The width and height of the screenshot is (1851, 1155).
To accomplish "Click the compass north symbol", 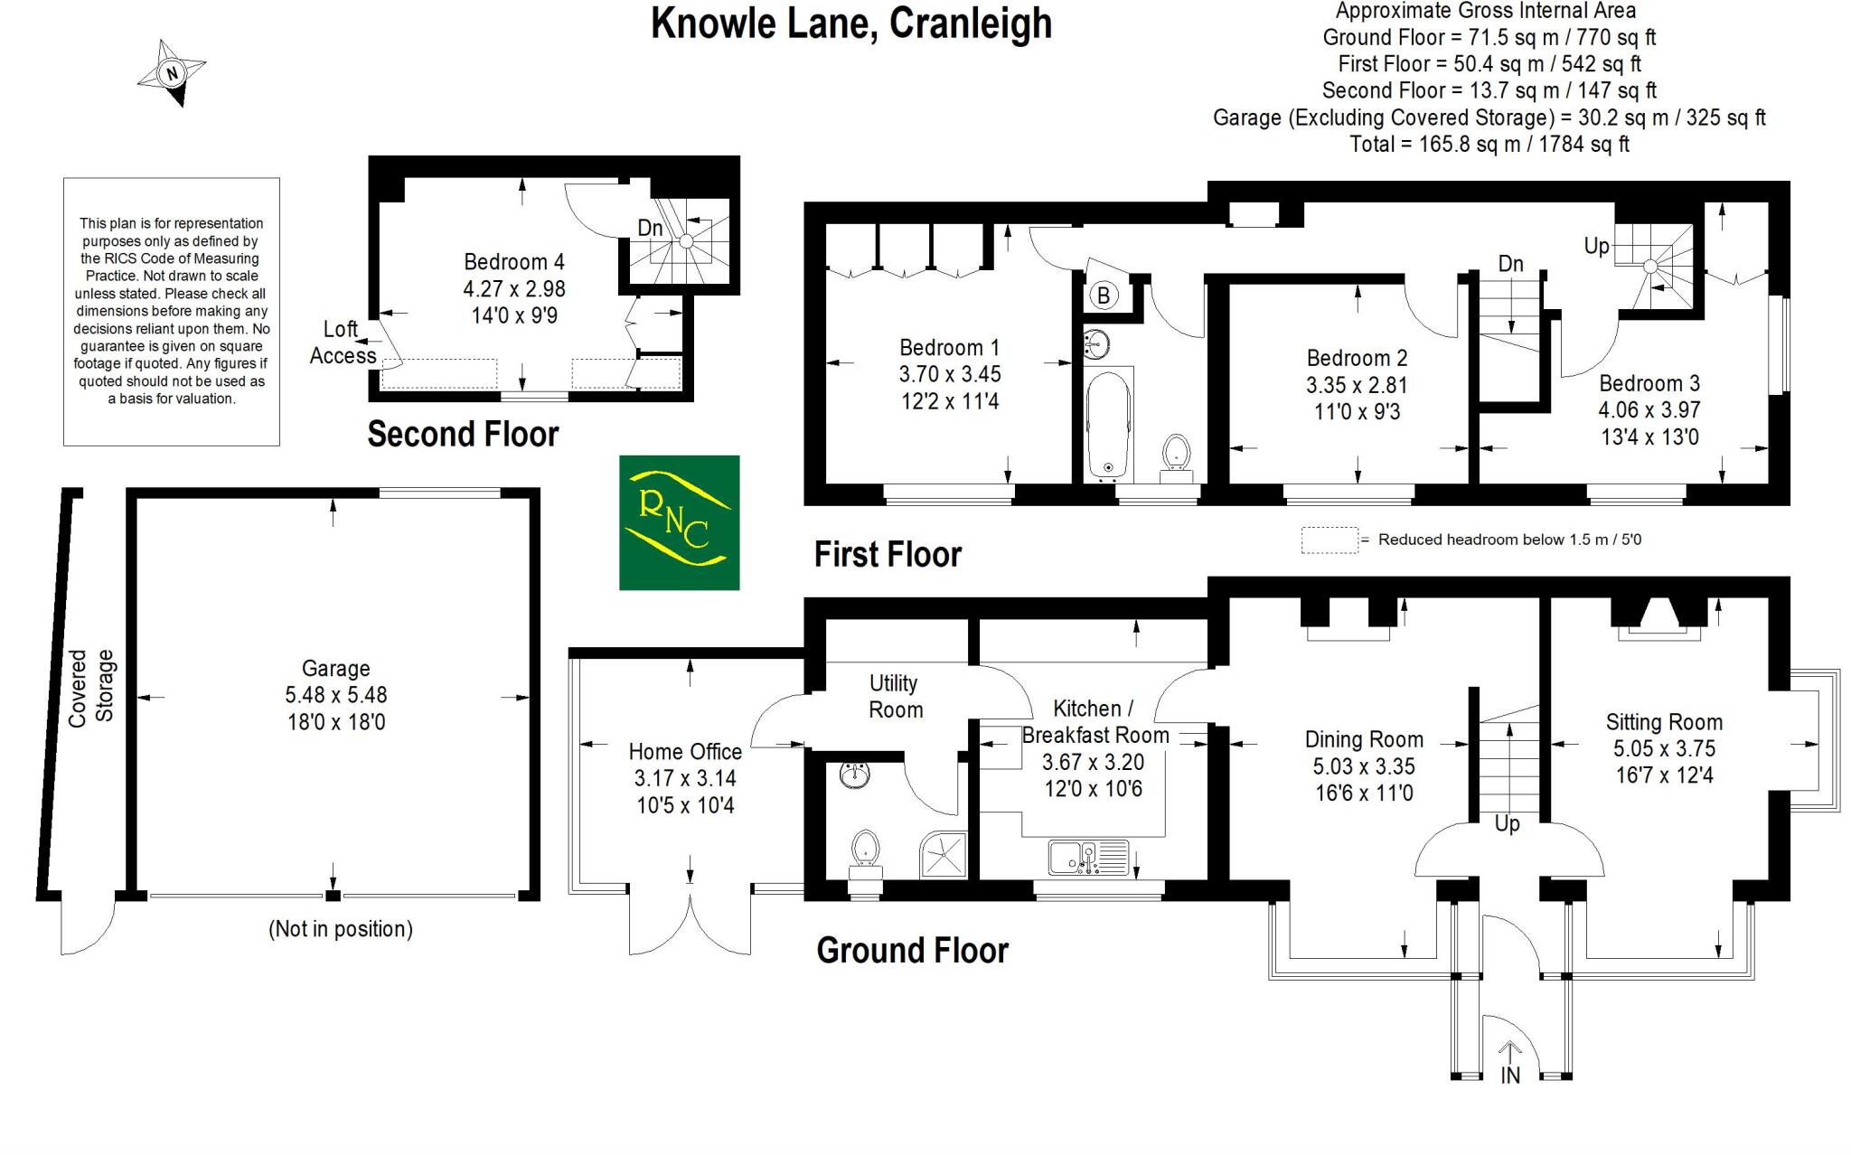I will (172, 73).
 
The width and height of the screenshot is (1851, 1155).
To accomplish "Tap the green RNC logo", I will (679, 522).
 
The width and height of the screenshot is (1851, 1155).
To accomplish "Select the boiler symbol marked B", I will (1102, 295).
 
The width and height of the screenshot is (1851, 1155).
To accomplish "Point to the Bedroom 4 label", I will (513, 262).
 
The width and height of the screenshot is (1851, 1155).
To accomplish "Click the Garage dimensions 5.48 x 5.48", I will (335, 695).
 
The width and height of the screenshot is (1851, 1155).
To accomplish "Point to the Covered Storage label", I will (91, 686).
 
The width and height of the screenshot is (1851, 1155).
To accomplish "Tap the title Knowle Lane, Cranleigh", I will (850, 23).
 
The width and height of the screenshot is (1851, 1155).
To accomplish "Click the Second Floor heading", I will (463, 435).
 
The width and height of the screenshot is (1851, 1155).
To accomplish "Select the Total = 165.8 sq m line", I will (1489, 144).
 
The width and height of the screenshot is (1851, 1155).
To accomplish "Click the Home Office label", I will (685, 752).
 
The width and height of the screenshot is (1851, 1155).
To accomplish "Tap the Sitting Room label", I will (1664, 722).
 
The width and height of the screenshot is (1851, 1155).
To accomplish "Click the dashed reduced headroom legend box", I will (1329, 540).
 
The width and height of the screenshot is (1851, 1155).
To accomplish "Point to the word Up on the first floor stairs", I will (1596, 246).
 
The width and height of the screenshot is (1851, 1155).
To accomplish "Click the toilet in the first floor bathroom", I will (1176, 454).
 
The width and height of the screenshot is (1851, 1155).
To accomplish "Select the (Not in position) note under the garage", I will (341, 929).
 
